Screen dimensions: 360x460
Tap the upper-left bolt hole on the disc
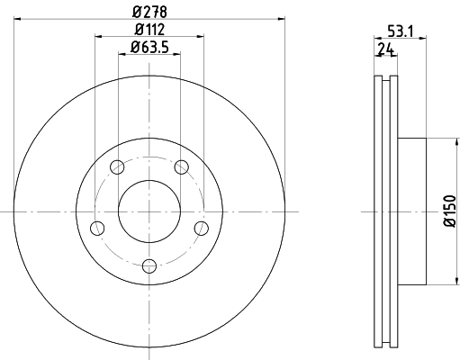pos(117,166)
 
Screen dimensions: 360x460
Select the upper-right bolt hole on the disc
pos(182,166)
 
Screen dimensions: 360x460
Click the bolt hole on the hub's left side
pos(98,227)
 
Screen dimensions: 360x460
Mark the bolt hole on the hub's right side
pos(202,227)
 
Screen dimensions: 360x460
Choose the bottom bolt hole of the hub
pos(149,265)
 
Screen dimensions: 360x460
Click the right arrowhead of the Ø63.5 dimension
pos(176,54)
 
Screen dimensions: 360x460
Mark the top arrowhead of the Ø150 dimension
pos(441,141)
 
